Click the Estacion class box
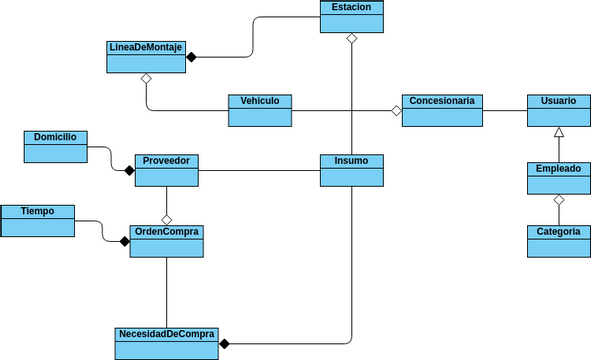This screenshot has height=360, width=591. click(351, 16)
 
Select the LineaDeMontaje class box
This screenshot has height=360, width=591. click(145, 57)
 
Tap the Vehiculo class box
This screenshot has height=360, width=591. click(260, 110)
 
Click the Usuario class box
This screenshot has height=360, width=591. click(558, 110)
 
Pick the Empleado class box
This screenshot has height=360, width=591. click(558, 178)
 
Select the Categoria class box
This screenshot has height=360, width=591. click(558, 241)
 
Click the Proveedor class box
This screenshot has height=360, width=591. click(167, 170)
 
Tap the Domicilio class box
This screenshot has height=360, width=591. click(55, 146)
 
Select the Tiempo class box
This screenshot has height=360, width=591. click(37, 221)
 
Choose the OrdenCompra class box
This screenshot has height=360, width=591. click(167, 241)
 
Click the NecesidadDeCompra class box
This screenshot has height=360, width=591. click(167, 343)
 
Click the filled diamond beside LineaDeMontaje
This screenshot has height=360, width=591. click(191, 57)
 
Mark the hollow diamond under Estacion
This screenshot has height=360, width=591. click(351, 38)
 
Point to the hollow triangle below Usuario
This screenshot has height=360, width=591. click(559, 132)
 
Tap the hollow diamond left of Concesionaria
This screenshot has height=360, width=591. click(396, 111)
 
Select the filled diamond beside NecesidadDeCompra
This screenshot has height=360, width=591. click(224, 344)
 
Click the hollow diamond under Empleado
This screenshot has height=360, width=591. click(559, 201)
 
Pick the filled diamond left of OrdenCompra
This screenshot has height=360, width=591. click(124, 241)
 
